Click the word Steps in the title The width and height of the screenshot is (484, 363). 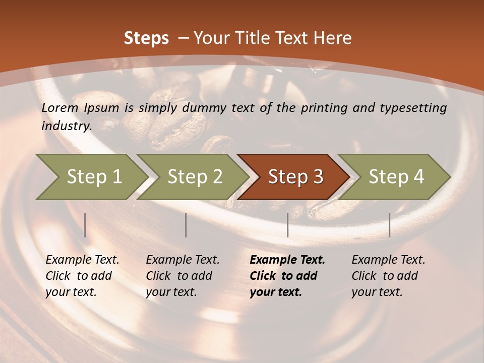(146, 38)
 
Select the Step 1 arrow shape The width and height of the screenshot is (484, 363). (91, 176)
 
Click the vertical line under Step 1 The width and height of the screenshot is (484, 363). (85, 225)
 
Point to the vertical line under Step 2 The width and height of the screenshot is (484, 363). (186, 225)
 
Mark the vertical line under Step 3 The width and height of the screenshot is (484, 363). (288, 225)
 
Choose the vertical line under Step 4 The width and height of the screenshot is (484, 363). (390, 225)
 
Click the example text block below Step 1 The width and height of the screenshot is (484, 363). (82, 276)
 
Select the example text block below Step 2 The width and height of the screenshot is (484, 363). (182, 276)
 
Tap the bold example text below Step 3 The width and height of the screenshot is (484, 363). (287, 276)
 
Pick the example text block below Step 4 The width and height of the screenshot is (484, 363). (388, 276)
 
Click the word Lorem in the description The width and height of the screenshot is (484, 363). (60, 107)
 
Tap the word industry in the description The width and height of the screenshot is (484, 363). (66, 126)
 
